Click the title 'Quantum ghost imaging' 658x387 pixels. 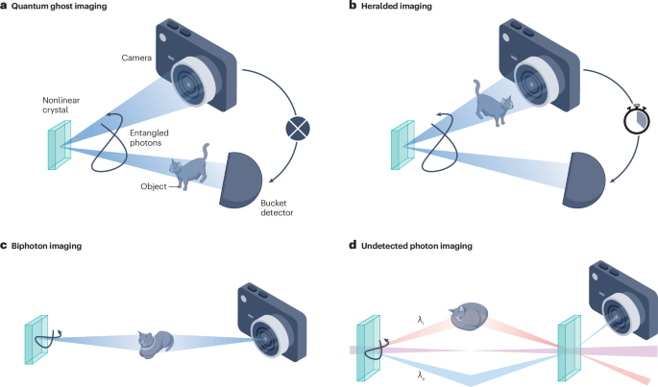coord(67,7)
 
